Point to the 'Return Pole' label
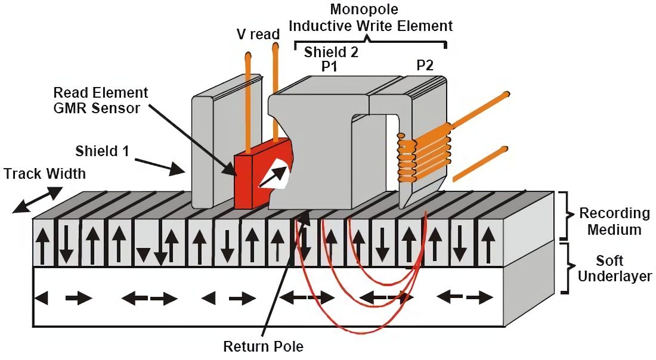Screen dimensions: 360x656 [x=263, y=346]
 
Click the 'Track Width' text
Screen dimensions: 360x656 [x=45, y=173]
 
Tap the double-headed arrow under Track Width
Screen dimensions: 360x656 [x=36, y=200]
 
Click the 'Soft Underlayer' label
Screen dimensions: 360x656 [x=614, y=269]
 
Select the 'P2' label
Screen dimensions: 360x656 [x=425, y=66]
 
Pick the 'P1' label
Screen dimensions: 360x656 [x=329, y=67]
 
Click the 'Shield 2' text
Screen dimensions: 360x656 [x=331, y=52]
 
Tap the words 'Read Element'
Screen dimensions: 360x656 [x=101, y=93]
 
